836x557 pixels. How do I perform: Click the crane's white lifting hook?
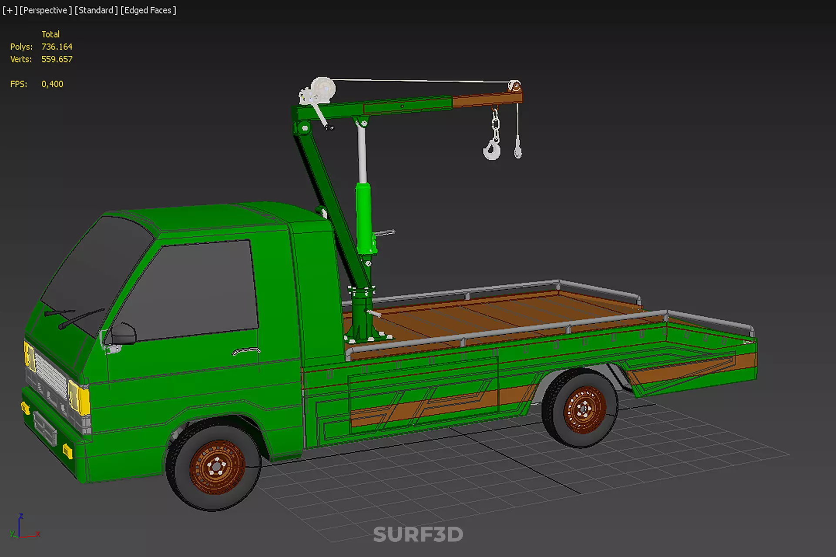tap(492, 149)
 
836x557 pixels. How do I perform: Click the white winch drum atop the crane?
tap(322, 89)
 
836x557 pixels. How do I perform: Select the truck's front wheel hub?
tap(216, 467)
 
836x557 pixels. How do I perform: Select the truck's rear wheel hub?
tap(584, 409)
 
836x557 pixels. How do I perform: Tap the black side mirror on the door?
tap(123, 334)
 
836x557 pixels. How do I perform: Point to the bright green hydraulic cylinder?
tap(363, 218)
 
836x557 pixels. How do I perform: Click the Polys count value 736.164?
tap(57, 47)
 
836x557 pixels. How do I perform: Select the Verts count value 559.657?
tap(57, 59)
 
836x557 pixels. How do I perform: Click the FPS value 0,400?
tap(52, 84)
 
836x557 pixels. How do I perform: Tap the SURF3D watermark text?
tap(418, 534)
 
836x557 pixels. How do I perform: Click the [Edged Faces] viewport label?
tap(148, 10)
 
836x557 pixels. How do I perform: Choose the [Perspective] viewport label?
tap(46, 10)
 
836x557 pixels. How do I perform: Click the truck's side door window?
tap(191, 289)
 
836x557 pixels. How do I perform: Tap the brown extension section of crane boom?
tap(487, 100)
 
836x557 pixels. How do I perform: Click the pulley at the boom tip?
tap(514, 85)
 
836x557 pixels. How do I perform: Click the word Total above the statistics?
tap(50, 34)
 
